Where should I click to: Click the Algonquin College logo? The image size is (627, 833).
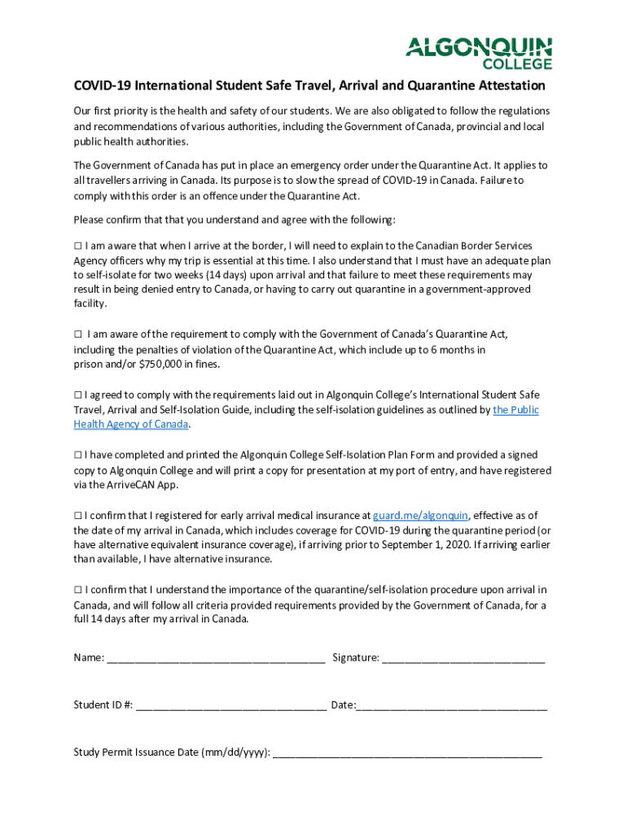pos(479,53)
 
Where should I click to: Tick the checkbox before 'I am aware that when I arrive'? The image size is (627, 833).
pos(77,246)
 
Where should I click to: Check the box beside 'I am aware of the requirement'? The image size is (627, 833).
pos(78,334)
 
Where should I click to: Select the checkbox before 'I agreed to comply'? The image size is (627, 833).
pos(77,395)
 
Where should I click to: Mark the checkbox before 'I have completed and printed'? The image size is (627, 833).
pos(77,456)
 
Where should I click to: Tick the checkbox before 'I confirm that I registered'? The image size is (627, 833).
pos(77,516)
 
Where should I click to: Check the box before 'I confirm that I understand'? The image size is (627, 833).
pos(77,590)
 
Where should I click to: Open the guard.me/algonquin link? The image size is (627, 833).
pos(420,516)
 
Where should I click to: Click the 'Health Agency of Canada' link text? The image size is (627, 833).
pos(131,425)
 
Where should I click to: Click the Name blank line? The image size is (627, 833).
pos(216,657)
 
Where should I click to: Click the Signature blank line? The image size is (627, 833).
pos(463,657)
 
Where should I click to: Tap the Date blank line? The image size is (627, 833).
pos(452,704)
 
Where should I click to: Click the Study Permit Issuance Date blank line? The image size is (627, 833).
pos(407,752)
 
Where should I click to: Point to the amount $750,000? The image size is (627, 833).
pos(162,364)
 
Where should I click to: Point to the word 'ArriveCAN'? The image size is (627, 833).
pos(135,486)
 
